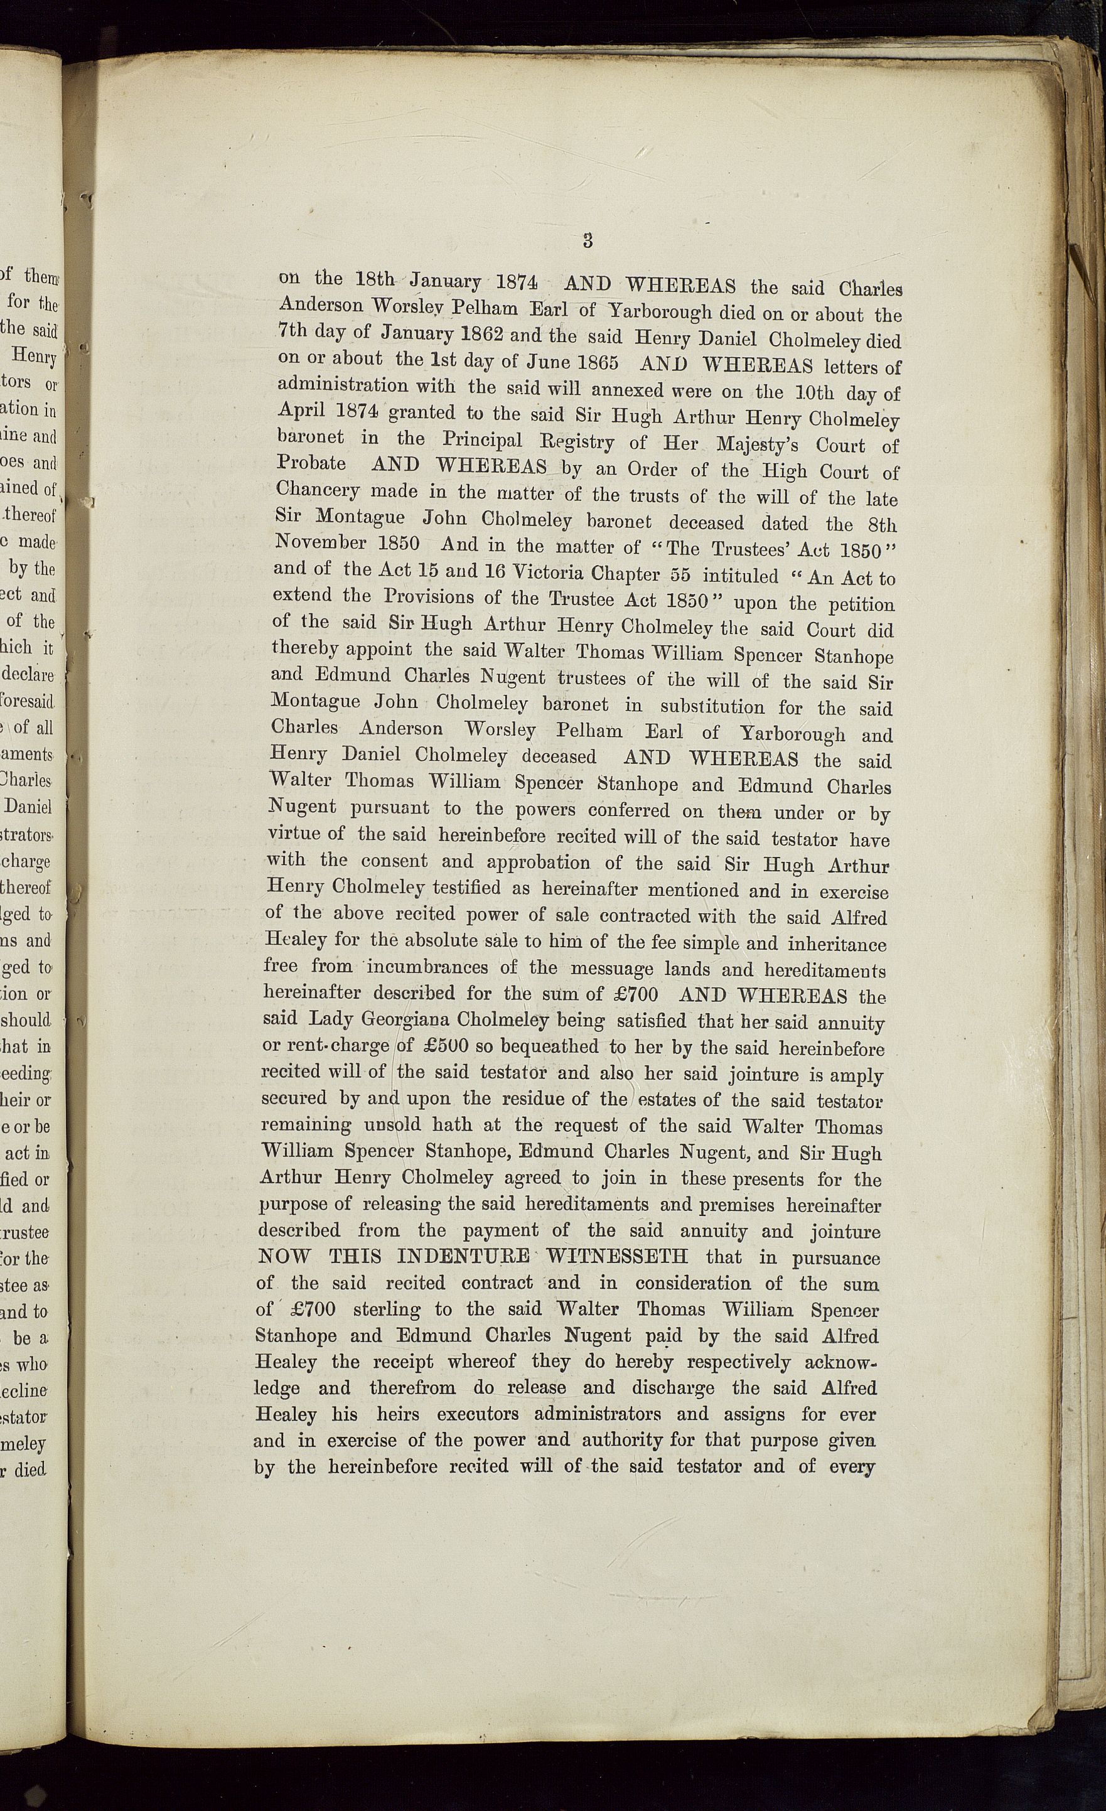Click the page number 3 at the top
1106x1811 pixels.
(x=587, y=240)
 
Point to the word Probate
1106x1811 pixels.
(x=311, y=463)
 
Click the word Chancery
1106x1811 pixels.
(x=318, y=490)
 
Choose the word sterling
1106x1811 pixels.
(x=387, y=1309)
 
